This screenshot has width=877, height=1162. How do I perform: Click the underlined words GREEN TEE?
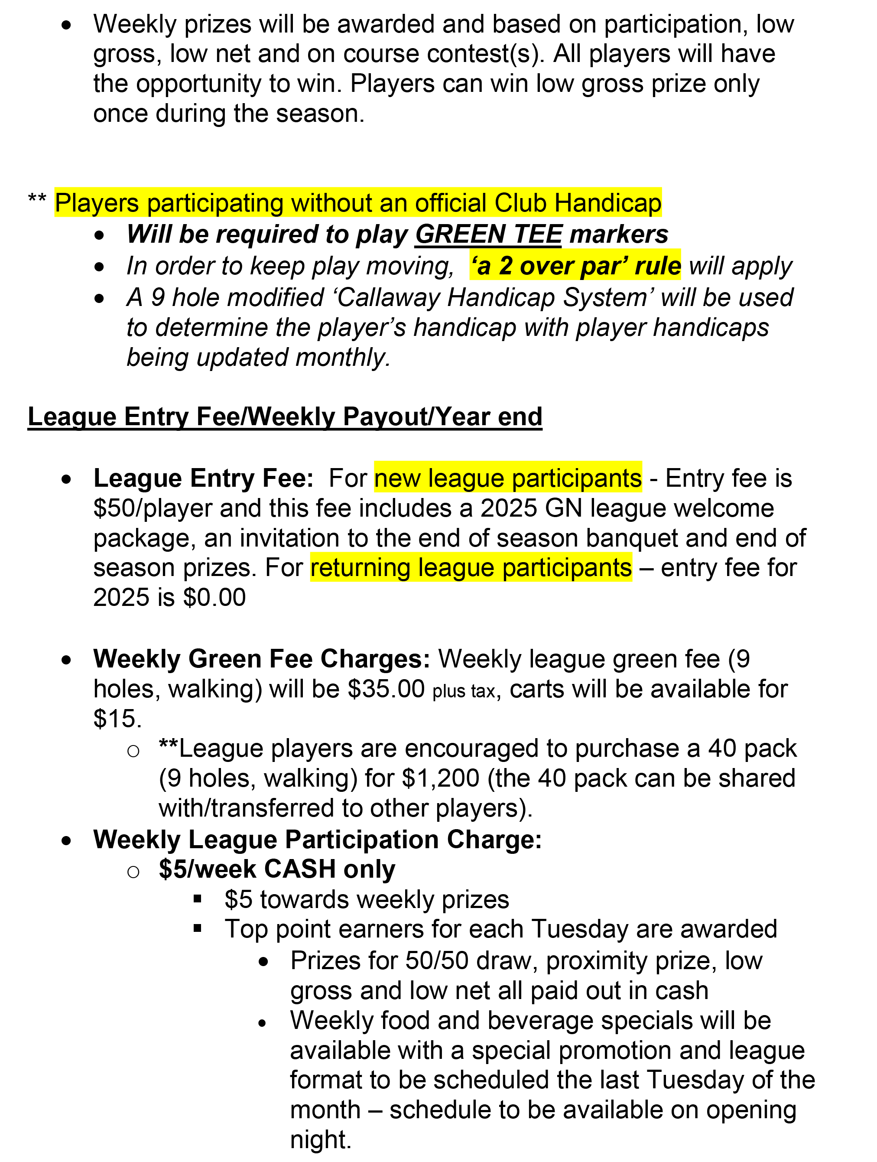(x=488, y=234)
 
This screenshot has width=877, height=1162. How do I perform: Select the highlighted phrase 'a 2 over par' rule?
(x=575, y=265)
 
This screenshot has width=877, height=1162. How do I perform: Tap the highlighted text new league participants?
(x=508, y=478)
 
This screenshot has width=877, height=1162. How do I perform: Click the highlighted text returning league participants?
(x=471, y=567)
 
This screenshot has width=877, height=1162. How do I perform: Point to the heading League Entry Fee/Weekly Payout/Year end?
(x=285, y=417)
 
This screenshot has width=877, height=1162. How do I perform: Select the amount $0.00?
(x=214, y=597)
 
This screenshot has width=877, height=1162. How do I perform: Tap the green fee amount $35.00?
(x=386, y=689)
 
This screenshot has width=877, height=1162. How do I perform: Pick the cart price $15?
(x=117, y=719)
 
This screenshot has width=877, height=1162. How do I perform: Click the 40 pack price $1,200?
(x=441, y=778)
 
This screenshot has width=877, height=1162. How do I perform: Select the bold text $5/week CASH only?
(x=277, y=869)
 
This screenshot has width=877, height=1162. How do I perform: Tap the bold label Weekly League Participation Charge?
(x=317, y=840)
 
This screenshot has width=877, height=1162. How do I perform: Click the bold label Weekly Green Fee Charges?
(x=262, y=659)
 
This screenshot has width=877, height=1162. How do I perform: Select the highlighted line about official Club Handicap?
(x=358, y=203)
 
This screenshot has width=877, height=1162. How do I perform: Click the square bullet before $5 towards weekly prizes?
(x=198, y=899)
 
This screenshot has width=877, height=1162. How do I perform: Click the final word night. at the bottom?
(x=320, y=1139)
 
